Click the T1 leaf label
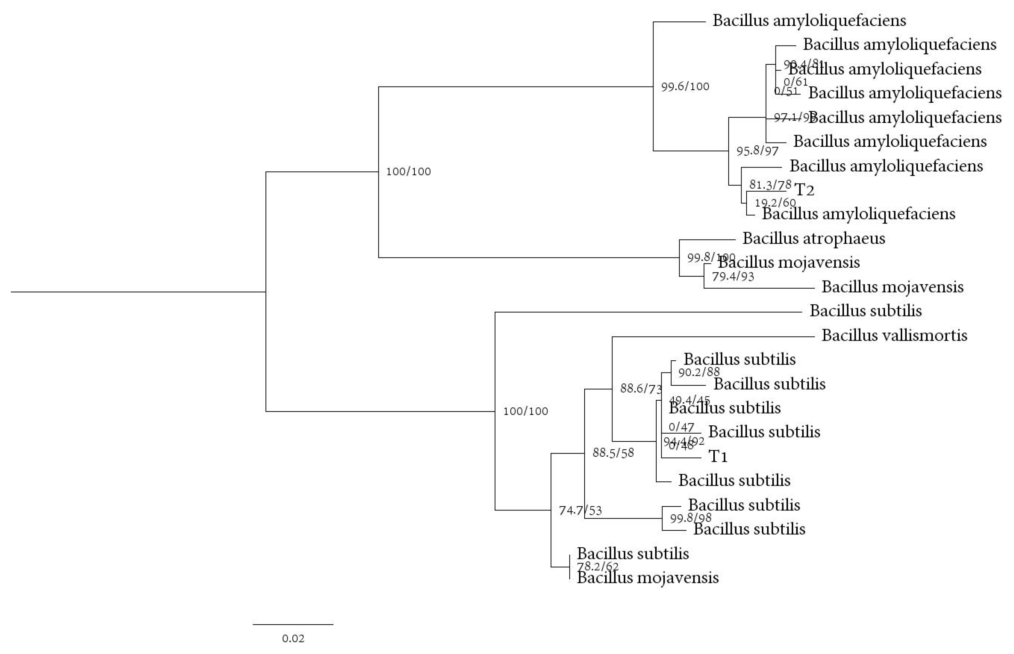click(x=718, y=456)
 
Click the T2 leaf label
click(x=804, y=190)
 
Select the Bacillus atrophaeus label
click(x=813, y=238)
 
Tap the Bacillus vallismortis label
click(x=894, y=336)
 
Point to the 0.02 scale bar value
click(x=293, y=638)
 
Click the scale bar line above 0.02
click(x=293, y=624)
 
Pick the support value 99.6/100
click(x=685, y=86)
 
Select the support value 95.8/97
click(x=757, y=151)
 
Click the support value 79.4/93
click(x=733, y=277)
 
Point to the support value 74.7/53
click(x=580, y=511)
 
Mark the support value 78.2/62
click(x=597, y=567)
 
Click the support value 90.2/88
click(x=699, y=372)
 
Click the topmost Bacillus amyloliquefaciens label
click(x=809, y=20)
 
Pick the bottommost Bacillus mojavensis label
click(x=647, y=577)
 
